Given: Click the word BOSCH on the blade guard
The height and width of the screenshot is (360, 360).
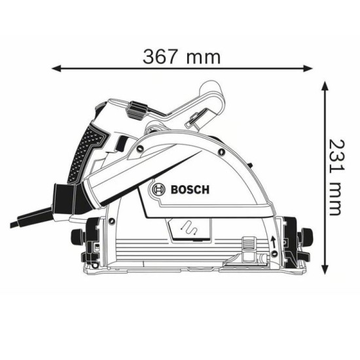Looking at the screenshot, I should click(x=189, y=190).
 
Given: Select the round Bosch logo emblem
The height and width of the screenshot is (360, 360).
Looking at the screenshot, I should click(x=159, y=190).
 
